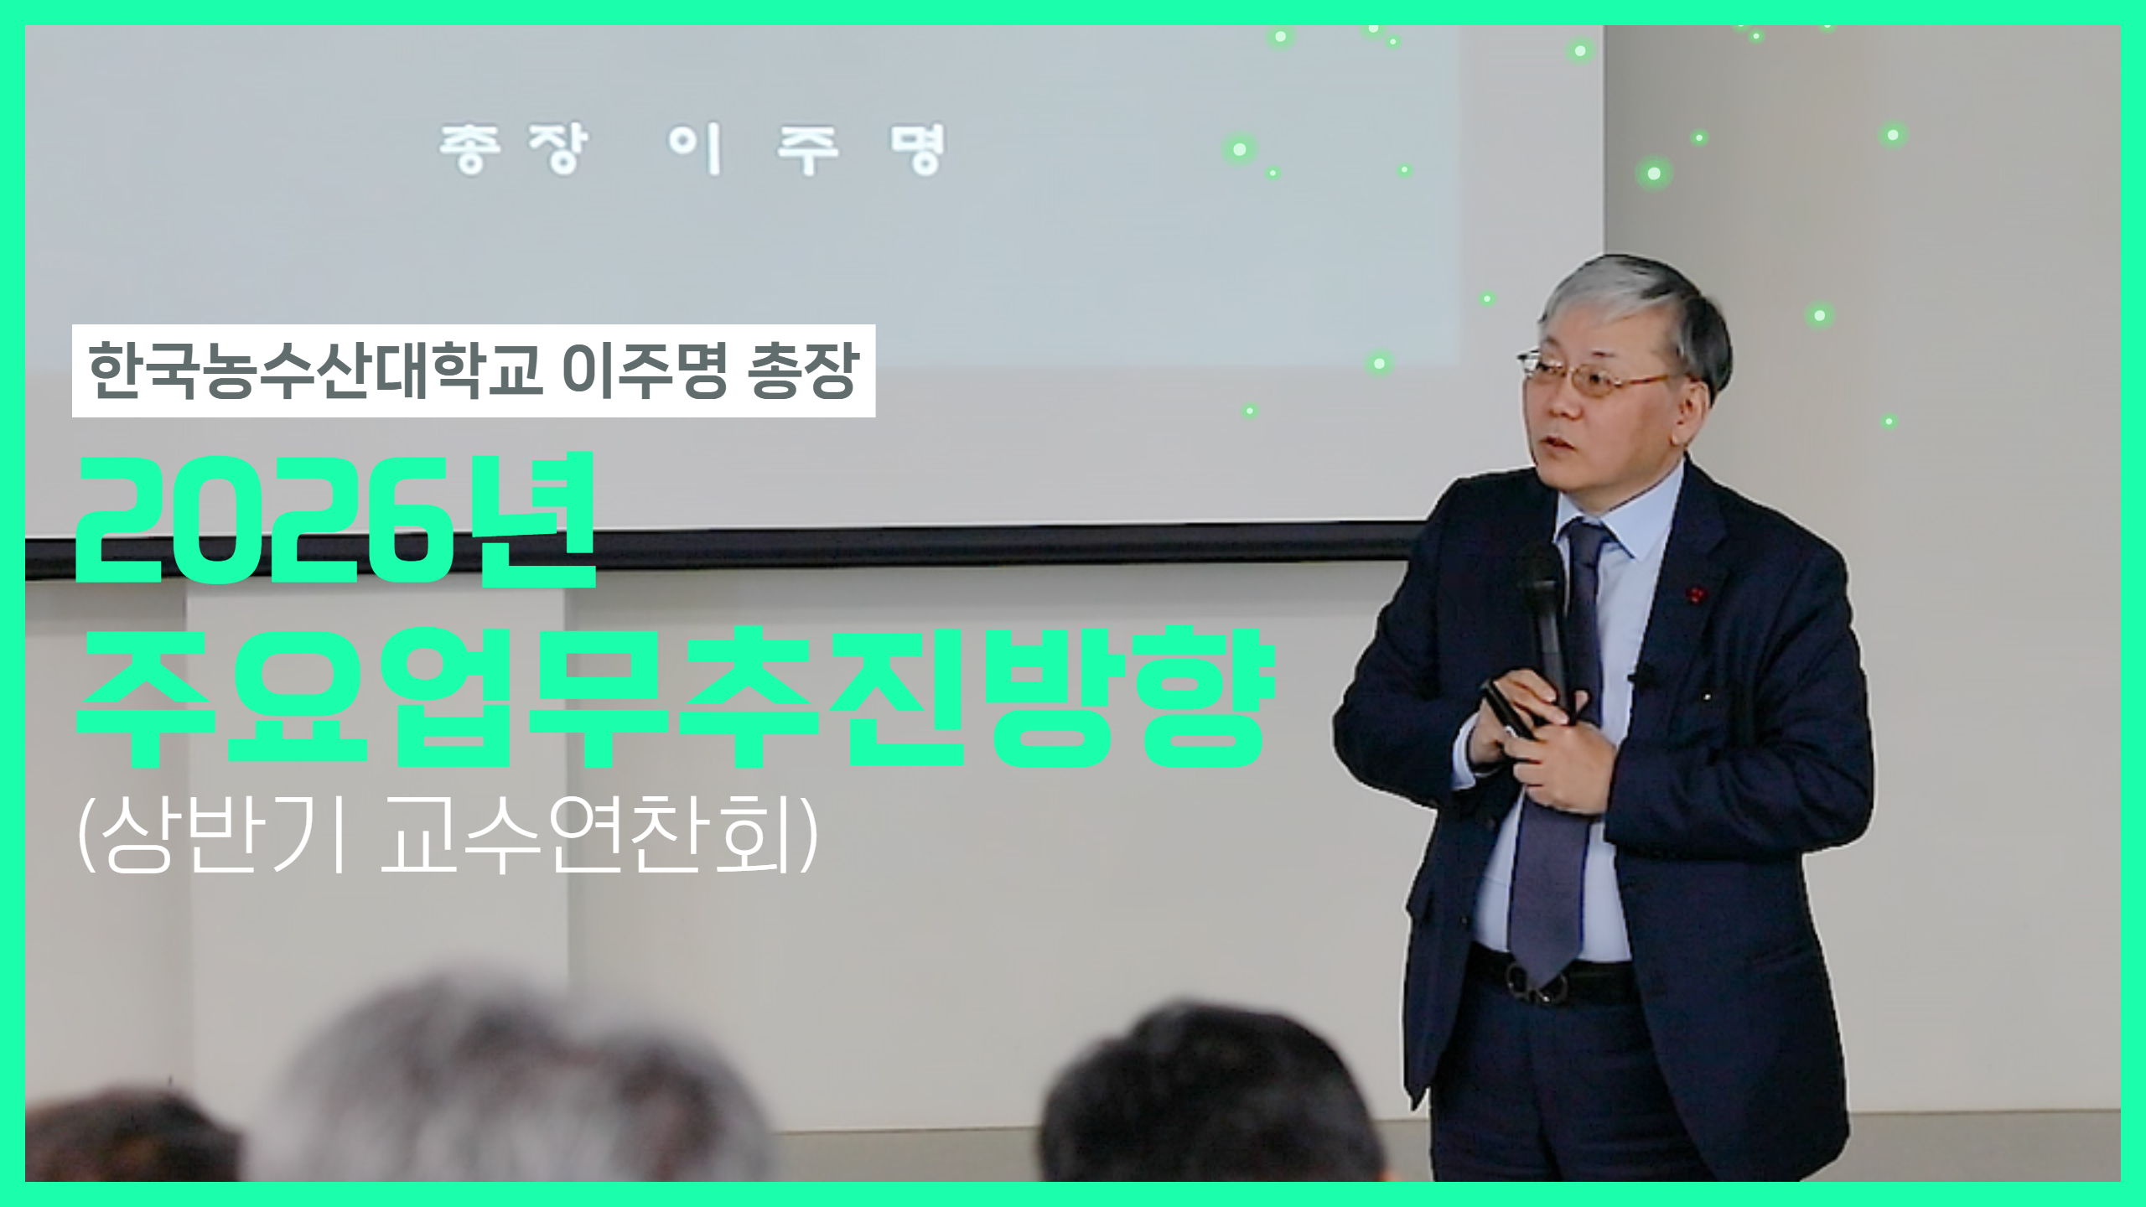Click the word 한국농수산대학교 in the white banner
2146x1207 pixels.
(x=314, y=370)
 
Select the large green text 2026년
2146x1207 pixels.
(x=335, y=520)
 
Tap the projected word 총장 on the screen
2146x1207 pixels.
(x=513, y=149)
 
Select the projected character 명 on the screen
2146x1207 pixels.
(x=918, y=149)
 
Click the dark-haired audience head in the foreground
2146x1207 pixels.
(x=1207, y=1106)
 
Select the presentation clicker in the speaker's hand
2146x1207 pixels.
(x=1509, y=712)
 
